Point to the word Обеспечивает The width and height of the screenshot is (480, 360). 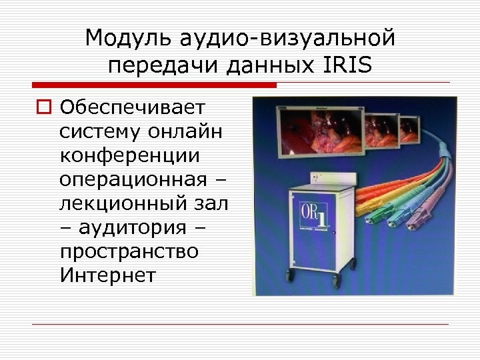(x=133, y=107)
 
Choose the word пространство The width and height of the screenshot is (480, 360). (x=129, y=251)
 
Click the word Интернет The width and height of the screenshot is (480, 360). (x=107, y=275)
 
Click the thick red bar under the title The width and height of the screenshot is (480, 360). (x=154, y=85)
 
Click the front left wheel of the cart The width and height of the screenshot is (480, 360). (x=291, y=274)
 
